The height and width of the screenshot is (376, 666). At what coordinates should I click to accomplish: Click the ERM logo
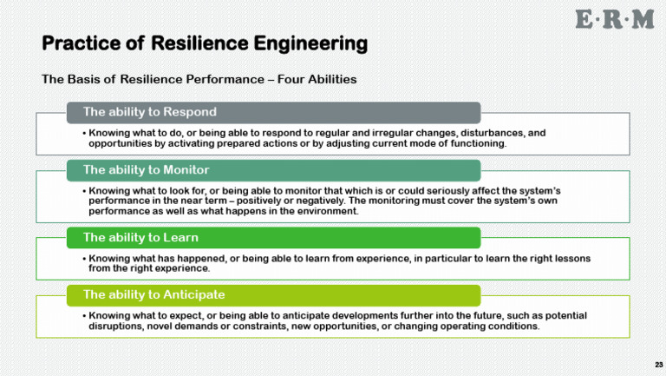coord(614,20)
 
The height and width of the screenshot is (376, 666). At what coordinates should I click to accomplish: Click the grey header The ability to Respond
coord(149,112)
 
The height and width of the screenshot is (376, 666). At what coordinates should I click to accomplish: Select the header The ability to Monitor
coord(146,168)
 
